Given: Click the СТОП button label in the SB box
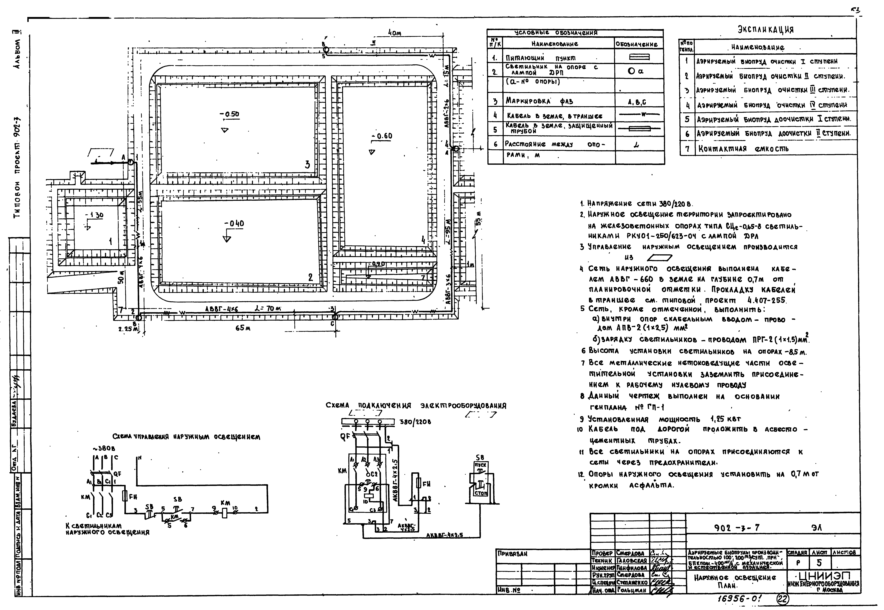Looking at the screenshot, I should pyautogui.click(x=481, y=493).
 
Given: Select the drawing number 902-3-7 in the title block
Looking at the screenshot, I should pyautogui.click(x=737, y=528).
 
